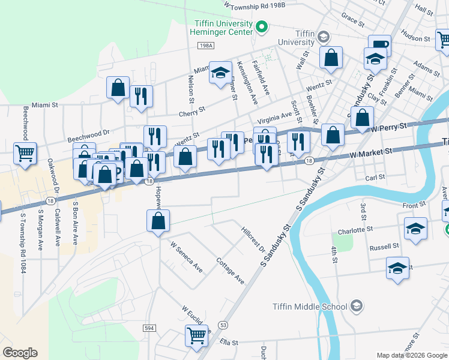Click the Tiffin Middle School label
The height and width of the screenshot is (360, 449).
pyautogui.click(x=309, y=307)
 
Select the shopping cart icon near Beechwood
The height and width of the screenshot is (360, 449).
pyautogui.click(x=25, y=154)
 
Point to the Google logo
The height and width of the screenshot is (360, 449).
pyautogui.click(x=20, y=353)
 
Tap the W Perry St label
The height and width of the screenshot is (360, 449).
pyautogui.click(x=388, y=127)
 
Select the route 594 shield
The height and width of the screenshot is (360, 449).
pyautogui.click(x=150, y=328)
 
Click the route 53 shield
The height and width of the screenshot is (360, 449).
pyautogui.click(x=223, y=324)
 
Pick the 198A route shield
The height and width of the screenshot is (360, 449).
pyautogui.click(x=205, y=45)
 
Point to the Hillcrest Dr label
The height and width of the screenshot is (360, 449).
pyautogui.click(x=253, y=239)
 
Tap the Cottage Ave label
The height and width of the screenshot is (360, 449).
pyautogui.click(x=231, y=271)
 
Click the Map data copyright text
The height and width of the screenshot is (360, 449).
pyautogui.click(x=411, y=355)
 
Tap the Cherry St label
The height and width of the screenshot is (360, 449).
pyautogui.click(x=191, y=112)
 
